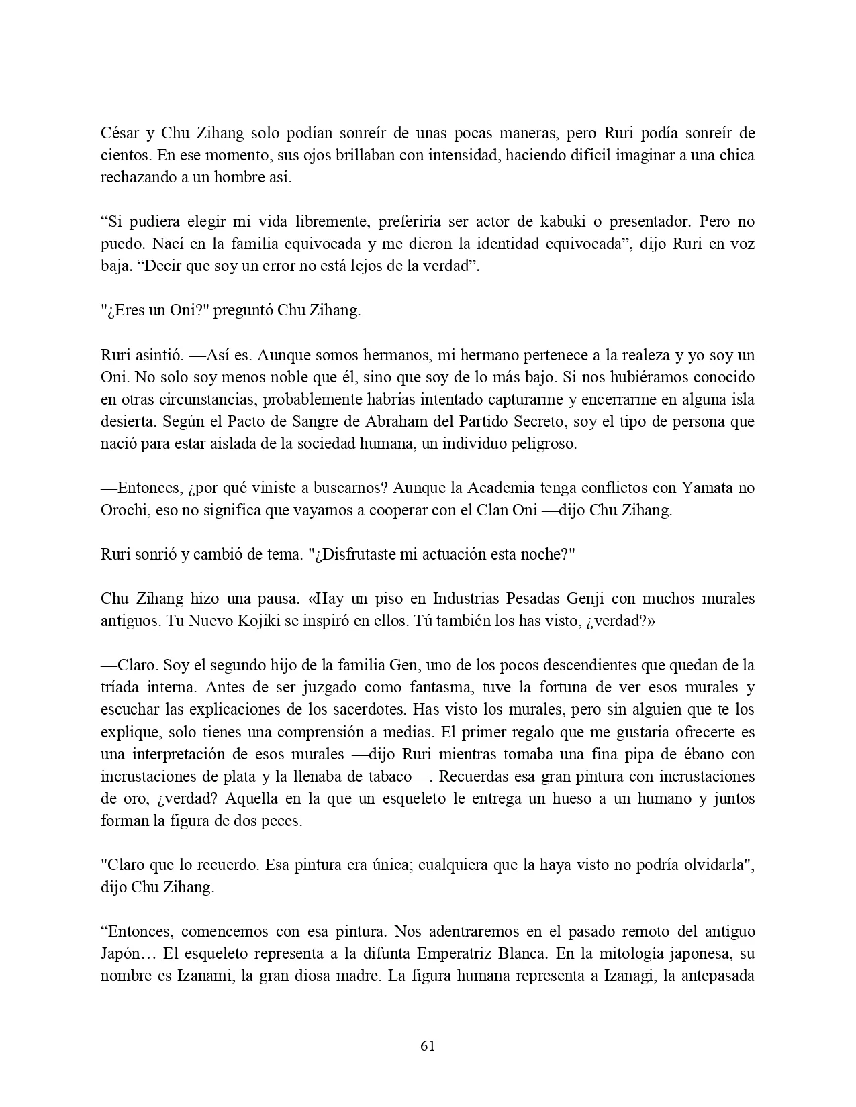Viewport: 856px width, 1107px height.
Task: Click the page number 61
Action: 428,1045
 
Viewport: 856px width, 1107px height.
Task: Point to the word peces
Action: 282,821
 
